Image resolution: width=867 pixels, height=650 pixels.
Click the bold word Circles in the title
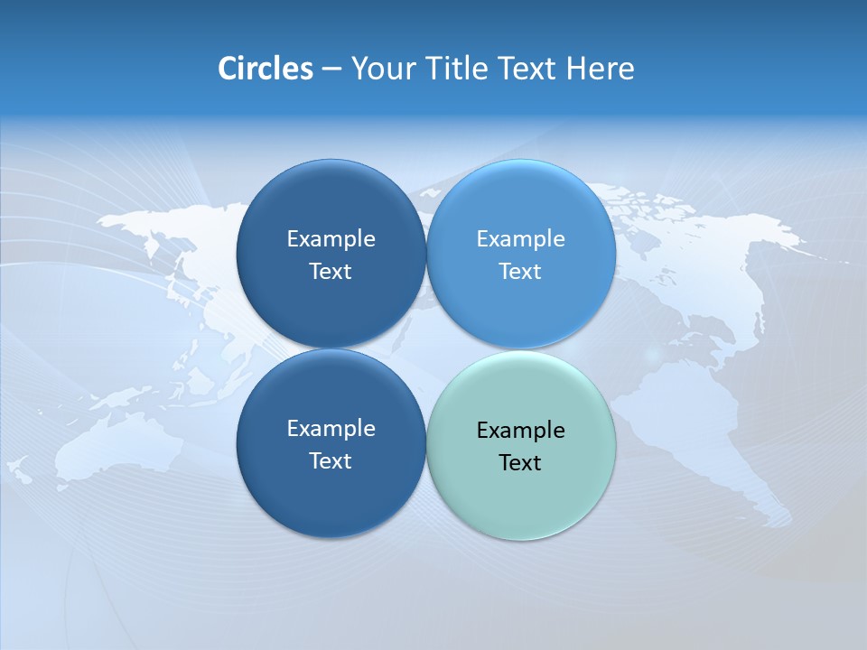pos(265,69)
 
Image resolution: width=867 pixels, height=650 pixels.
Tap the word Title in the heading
pos(454,69)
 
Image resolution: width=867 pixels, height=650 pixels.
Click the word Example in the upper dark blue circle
pos(331,239)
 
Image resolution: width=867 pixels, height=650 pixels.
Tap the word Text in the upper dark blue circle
pos(331,272)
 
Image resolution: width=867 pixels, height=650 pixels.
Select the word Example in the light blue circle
pos(520,239)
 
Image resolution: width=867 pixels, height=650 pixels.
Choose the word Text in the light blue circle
pos(520,272)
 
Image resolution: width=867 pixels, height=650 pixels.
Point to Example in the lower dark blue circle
pos(331,429)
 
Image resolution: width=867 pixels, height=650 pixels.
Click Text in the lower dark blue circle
pos(331,461)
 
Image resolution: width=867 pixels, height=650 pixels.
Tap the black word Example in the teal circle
pos(520,431)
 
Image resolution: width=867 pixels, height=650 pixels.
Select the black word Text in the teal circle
pos(520,463)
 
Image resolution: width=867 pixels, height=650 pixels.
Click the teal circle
pos(521,506)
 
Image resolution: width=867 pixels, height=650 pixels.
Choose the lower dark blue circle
pos(331,506)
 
